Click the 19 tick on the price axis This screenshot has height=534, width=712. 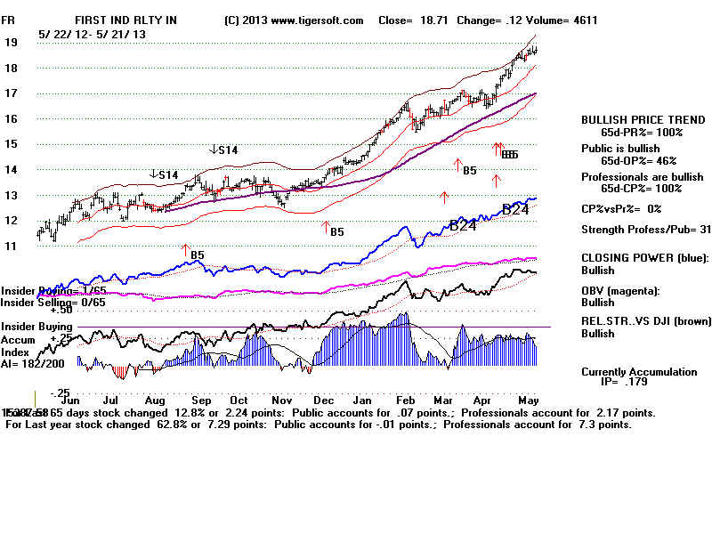tap(11, 42)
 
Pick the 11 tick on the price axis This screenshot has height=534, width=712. tap(11, 246)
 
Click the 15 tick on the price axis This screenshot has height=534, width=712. tap(11, 144)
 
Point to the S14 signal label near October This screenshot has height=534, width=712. tap(223, 150)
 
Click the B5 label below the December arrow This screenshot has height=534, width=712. tap(336, 232)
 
